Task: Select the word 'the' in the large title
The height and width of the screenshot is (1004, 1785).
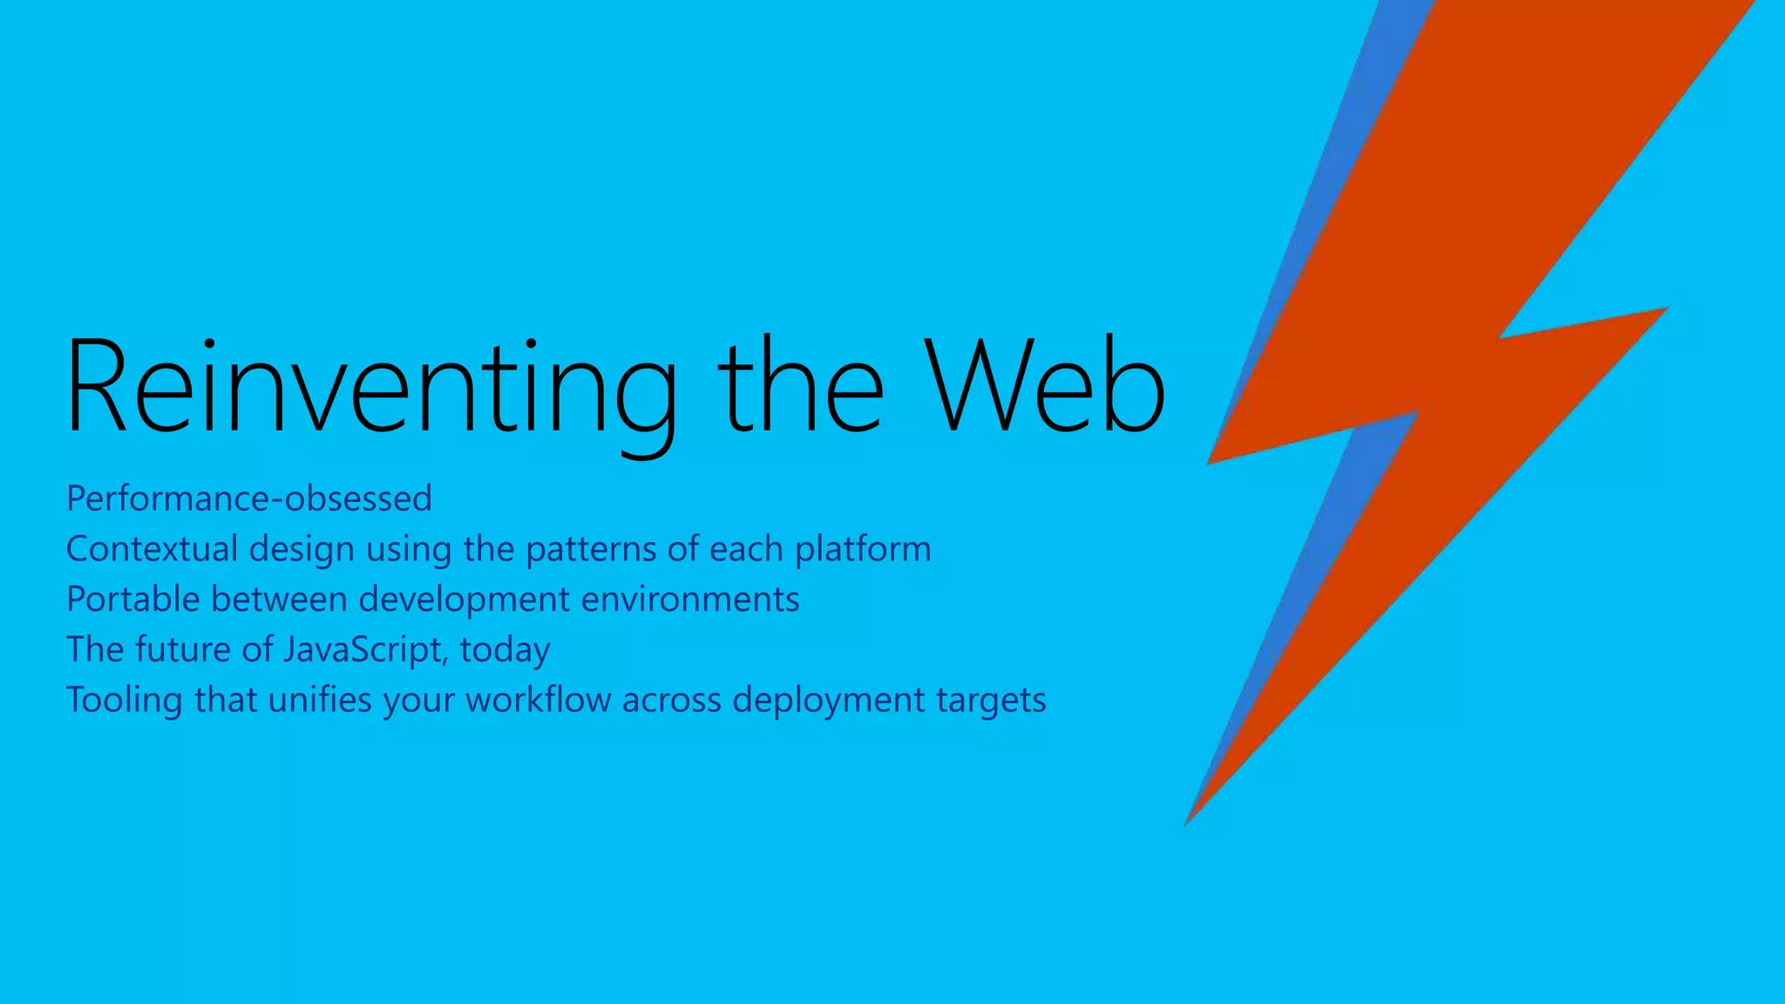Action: [x=799, y=386]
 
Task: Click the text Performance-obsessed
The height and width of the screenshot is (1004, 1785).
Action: [x=249, y=499]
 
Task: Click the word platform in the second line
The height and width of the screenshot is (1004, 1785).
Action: [x=863, y=549]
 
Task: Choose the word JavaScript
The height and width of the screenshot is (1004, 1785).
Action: [x=364, y=650]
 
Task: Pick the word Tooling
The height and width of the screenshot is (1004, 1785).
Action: [x=125, y=701]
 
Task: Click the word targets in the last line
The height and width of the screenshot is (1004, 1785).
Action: [x=991, y=701]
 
